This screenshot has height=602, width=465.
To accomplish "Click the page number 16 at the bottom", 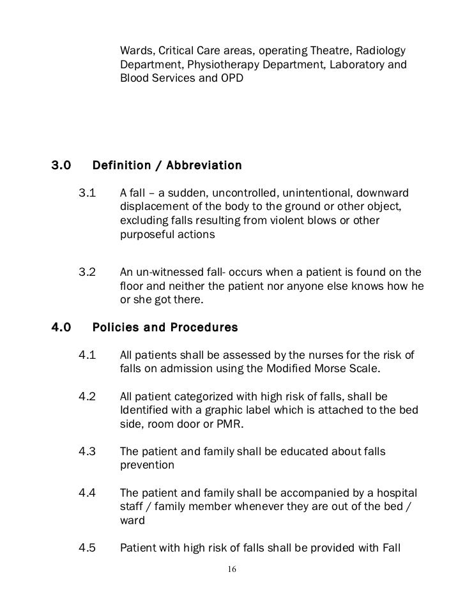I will coord(232,569).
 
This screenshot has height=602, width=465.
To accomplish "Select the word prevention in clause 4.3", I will coord(147,465).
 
